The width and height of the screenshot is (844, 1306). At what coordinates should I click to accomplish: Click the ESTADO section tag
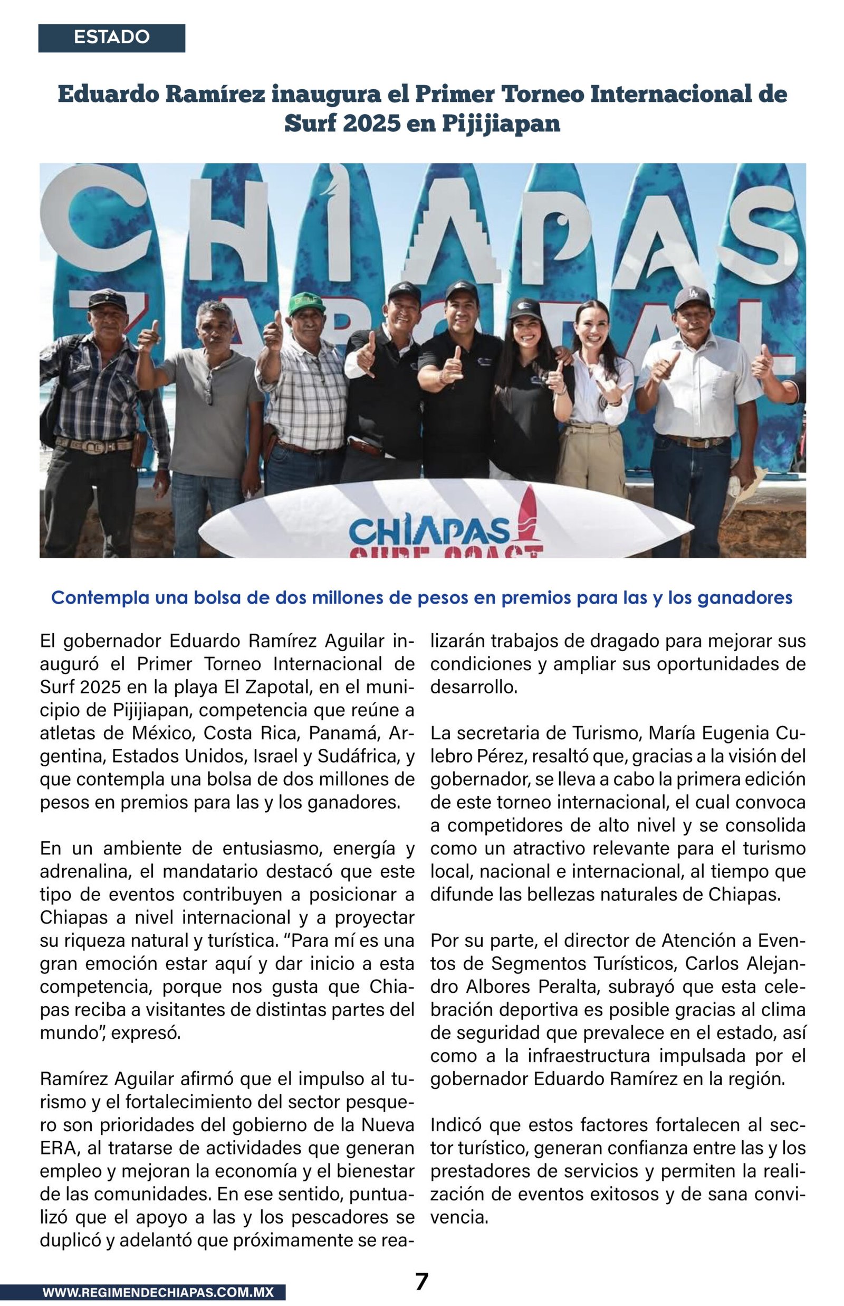click(x=111, y=37)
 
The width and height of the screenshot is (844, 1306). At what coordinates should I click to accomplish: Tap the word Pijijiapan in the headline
click(x=501, y=124)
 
